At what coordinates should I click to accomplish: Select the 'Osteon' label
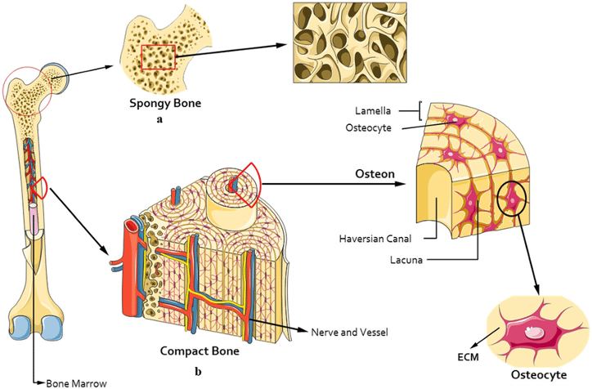coord(374,174)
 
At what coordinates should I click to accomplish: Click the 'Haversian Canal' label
coord(372,239)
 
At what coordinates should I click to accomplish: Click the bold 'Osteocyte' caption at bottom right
coord(537,375)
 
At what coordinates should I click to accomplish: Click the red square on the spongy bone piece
coord(158,57)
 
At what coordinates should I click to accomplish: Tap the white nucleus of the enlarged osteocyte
coord(533,333)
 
